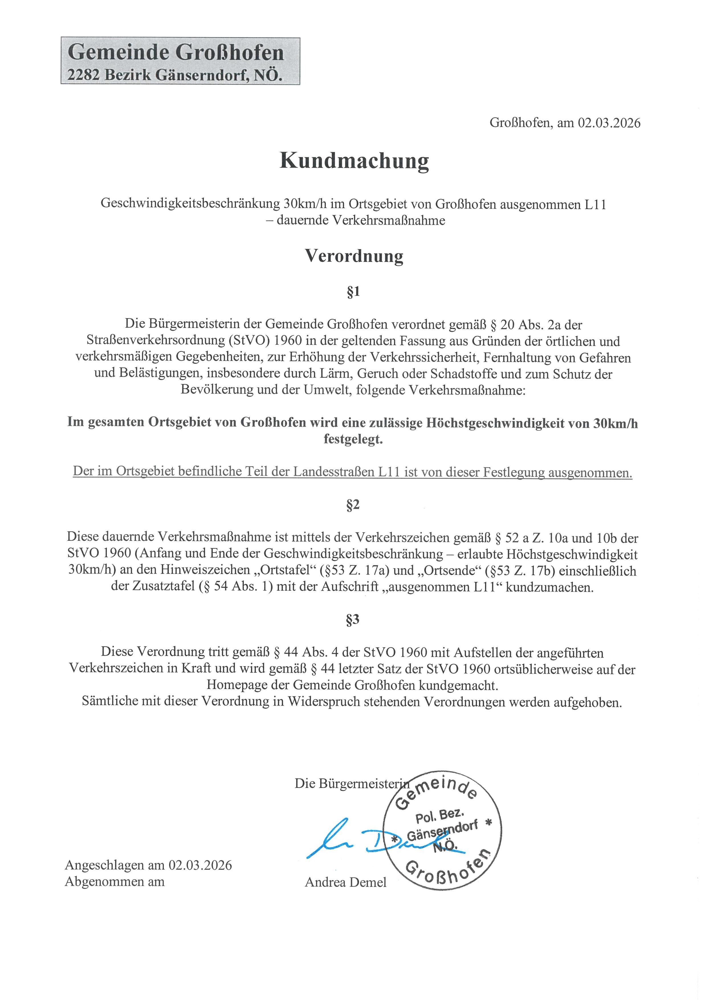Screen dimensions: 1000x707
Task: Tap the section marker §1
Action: coord(353,292)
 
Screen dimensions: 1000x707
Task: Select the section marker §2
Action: coord(353,505)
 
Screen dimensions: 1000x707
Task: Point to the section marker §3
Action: coord(353,619)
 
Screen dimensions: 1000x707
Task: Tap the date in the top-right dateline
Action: coord(609,123)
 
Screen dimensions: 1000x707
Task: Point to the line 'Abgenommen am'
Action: coord(115,881)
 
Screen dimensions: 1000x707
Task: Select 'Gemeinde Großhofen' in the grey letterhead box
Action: coord(176,53)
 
